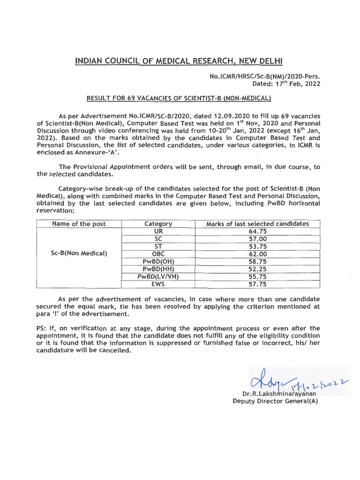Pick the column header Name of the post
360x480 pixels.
coord(79,224)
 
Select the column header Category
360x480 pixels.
coord(158,224)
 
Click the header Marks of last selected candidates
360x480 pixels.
coord(257,224)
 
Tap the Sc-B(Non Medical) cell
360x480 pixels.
coord(79,254)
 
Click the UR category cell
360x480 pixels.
coord(158,231)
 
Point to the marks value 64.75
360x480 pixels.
coord(257,231)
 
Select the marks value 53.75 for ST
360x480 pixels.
coord(257,246)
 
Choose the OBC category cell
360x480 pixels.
coord(158,254)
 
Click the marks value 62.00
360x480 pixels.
coord(257,254)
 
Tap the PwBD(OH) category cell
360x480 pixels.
coord(158,261)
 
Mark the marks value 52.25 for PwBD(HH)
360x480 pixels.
coord(257,269)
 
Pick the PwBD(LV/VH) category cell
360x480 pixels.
coord(158,276)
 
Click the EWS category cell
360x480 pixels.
coord(158,284)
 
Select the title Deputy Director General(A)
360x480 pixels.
coord(275,401)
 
